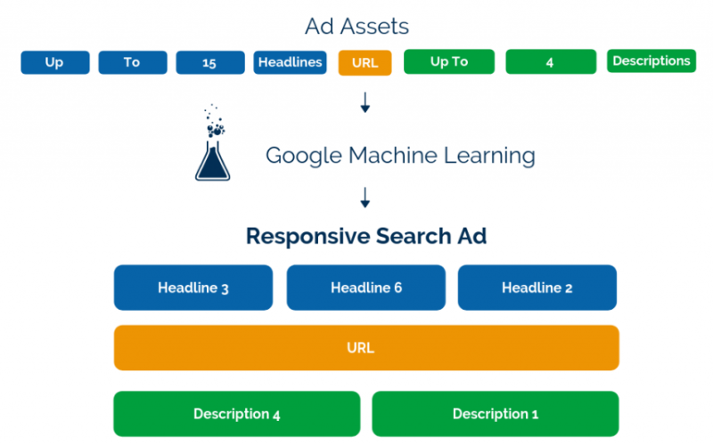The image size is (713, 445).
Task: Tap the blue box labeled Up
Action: (55, 62)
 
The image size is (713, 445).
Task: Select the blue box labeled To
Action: (132, 62)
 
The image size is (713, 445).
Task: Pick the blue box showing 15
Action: (210, 62)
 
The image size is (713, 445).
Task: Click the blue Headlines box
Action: (290, 62)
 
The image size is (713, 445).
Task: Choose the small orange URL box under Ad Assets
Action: (365, 63)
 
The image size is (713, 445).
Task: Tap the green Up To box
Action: (448, 62)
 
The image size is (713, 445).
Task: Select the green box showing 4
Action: (551, 62)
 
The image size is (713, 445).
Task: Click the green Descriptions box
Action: (651, 61)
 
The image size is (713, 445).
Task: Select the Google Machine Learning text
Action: (400, 156)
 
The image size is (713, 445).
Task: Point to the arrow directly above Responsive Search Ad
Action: (365, 197)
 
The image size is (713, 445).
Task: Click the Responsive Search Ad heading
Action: (365, 237)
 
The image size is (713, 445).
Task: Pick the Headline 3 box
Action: (193, 287)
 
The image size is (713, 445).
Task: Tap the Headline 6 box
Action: (365, 287)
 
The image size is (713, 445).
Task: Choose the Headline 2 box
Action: (537, 287)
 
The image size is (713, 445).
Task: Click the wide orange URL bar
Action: (365, 347)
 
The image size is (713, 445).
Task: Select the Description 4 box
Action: (236, 414)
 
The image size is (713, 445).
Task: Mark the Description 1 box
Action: (495, 414)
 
